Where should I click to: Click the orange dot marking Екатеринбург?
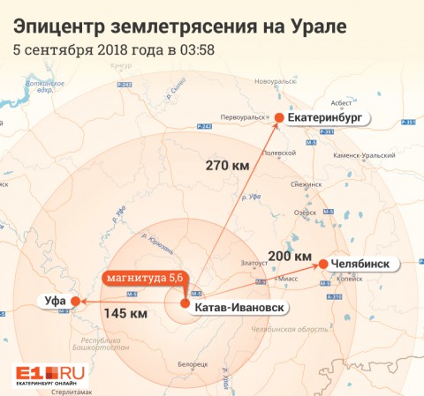point(279,117)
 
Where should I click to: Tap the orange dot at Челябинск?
point(324,264)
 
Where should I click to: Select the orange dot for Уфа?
point(76,302)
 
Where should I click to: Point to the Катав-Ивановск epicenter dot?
point(185,304)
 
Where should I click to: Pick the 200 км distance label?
point(291,256)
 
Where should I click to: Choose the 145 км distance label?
point(125,313)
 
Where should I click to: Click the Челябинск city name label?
point(364,264)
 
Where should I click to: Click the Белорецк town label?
point(193,363)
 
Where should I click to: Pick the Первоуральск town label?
point(242,116)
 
